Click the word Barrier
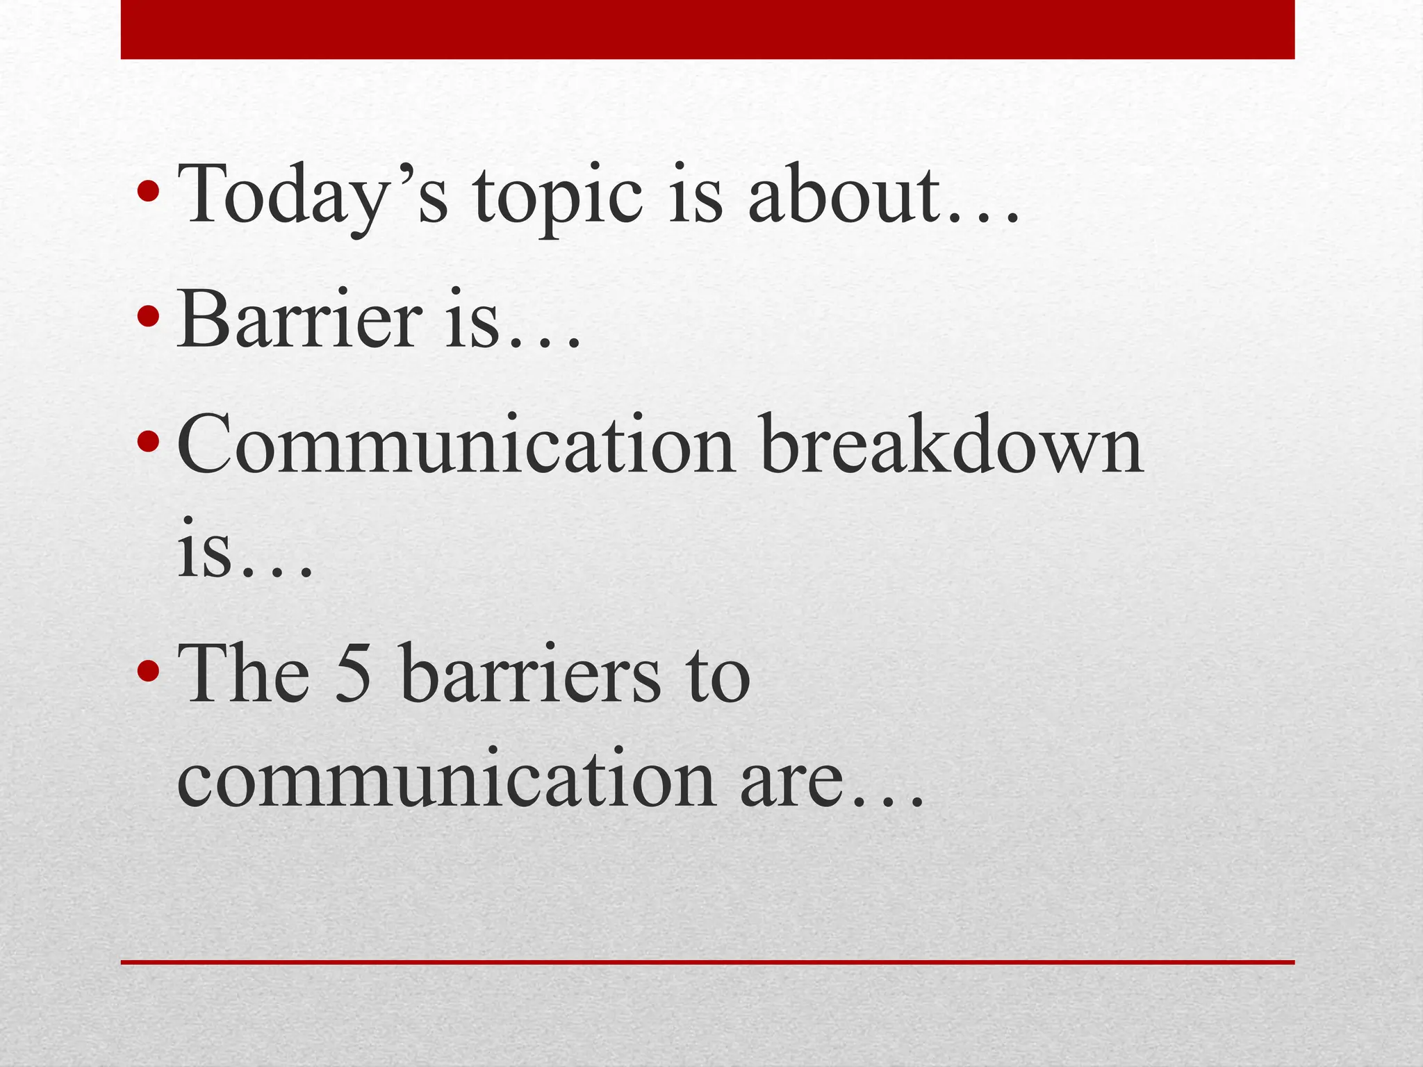[299, 320]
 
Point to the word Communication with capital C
[455, 445]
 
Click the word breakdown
[952, 445]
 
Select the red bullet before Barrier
[147, 316]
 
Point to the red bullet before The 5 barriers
[147, 671]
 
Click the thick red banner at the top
[707, 29]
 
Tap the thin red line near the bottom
[707, 962]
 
